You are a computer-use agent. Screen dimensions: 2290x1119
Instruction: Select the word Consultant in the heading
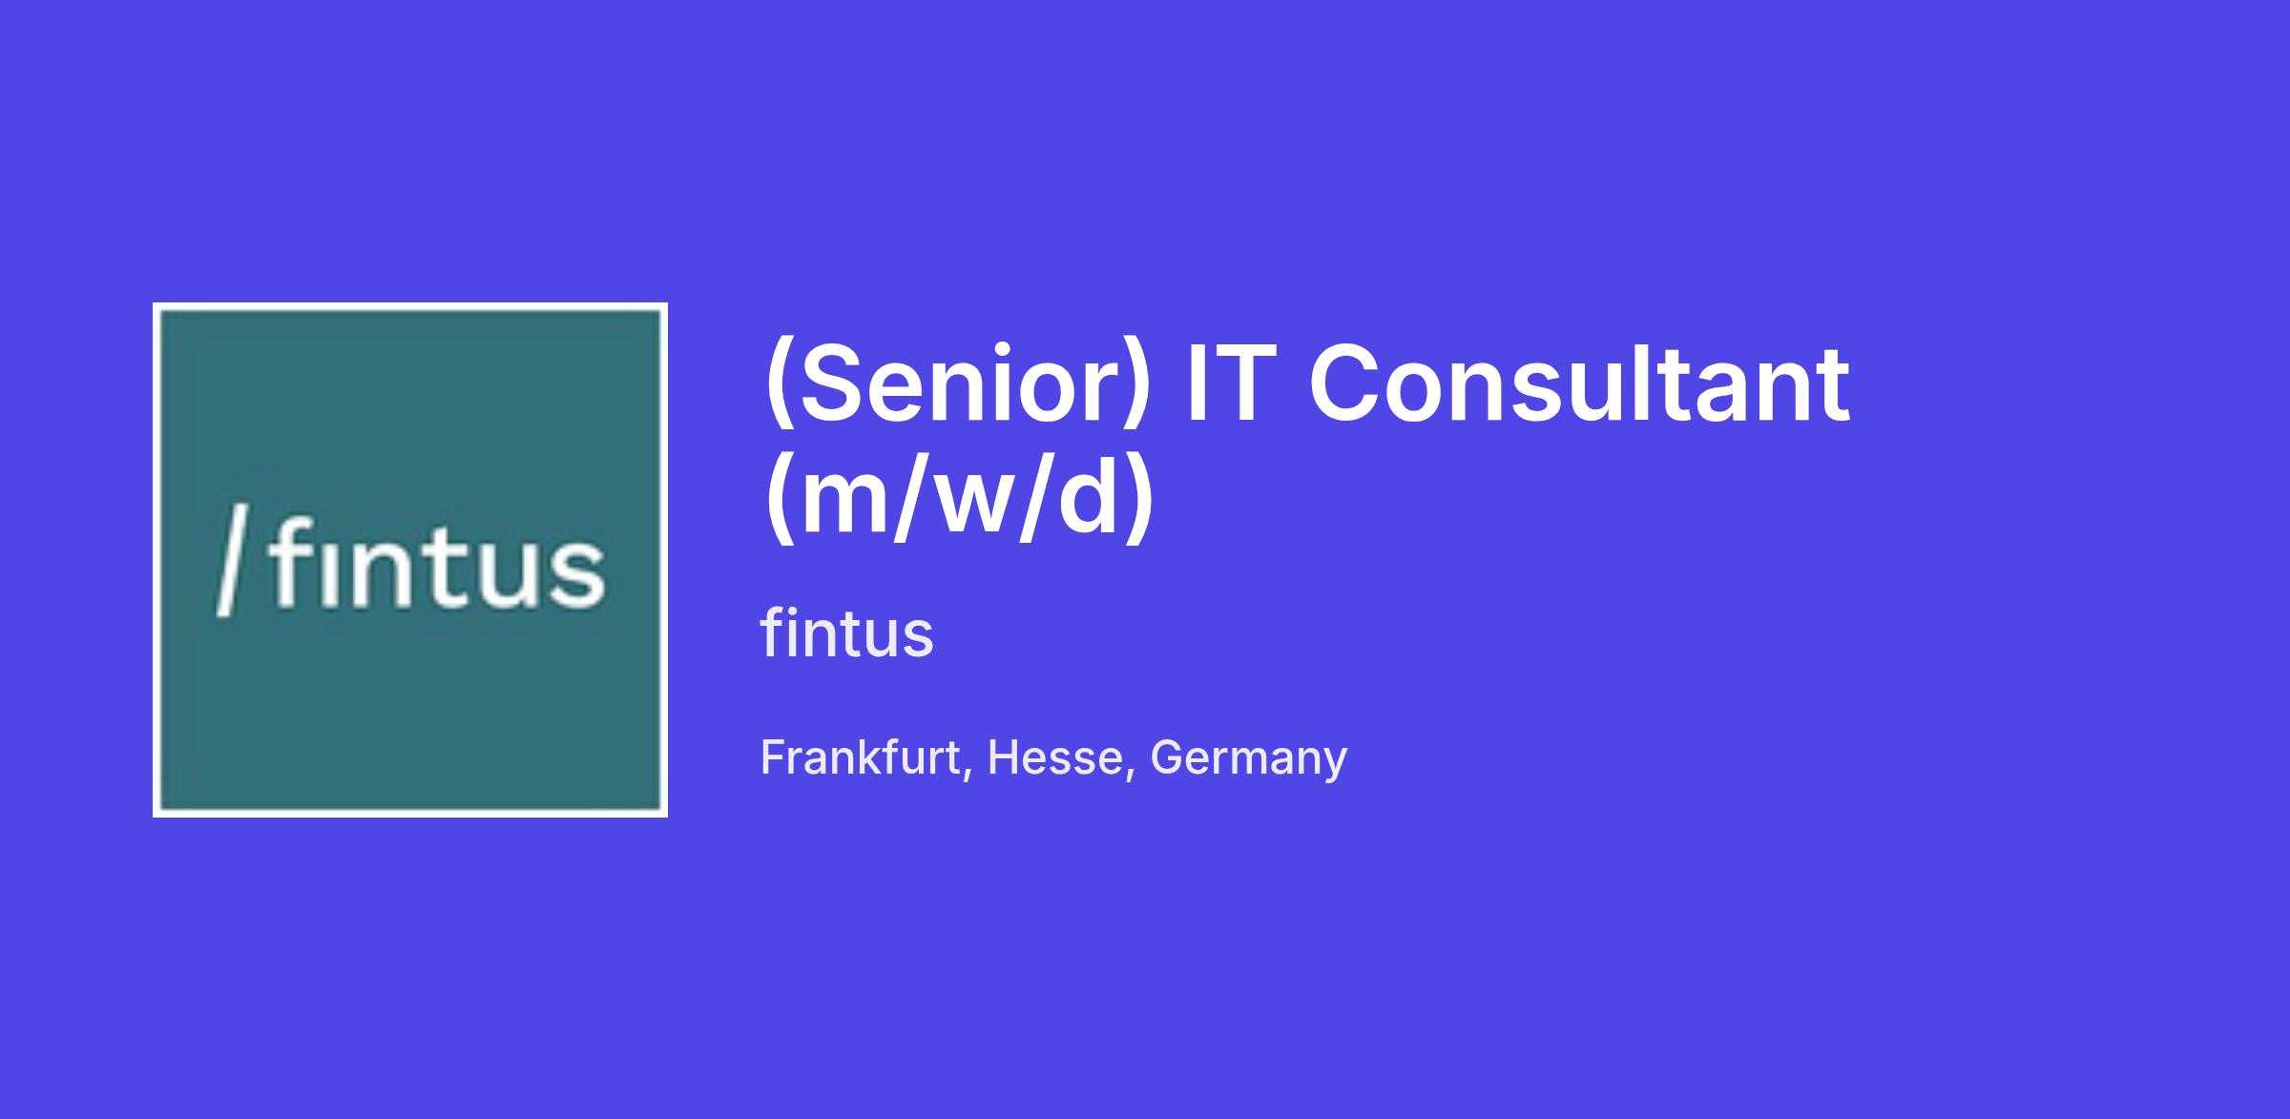point(1580,383)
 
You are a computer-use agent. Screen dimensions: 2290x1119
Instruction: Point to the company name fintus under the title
point(847,633)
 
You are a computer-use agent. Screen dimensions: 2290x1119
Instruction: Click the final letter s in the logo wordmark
point(578,573)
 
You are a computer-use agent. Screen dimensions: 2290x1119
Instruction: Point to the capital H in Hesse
point(1005,757)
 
